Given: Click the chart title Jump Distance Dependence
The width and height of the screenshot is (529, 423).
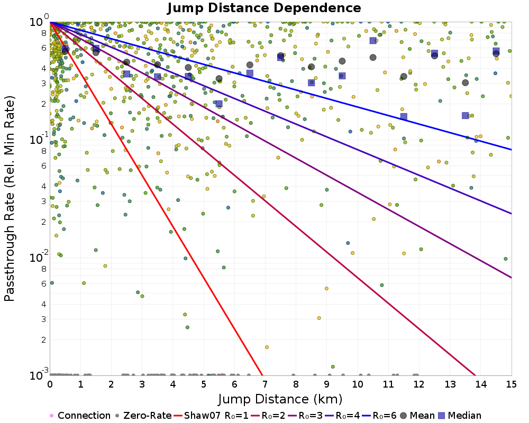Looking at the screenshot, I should point(264,8).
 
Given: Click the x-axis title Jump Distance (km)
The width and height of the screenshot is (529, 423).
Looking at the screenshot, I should point(280,398).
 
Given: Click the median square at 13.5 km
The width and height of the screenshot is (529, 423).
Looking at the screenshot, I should point(466,115).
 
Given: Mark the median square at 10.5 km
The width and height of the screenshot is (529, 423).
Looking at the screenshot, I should point(373,41).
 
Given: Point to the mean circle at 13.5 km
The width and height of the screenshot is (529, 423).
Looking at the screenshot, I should point(466,82).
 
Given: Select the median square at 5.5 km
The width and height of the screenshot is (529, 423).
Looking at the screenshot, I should point(219,104).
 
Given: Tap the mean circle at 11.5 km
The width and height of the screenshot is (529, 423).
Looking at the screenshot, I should point(404,76).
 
